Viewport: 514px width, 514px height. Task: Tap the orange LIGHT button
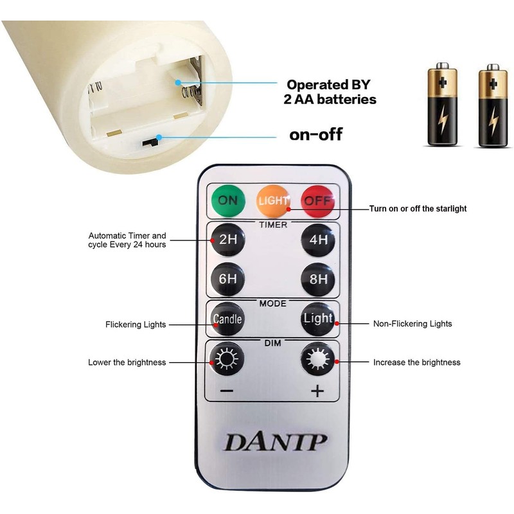[273, 200]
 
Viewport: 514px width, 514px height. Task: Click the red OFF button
[318, 200]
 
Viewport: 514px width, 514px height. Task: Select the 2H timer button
[227, 240]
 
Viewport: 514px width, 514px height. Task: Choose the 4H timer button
[318, 240]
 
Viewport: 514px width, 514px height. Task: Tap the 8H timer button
[318, 279]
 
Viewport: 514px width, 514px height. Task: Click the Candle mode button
[227, 319]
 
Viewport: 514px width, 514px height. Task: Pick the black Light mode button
[318, 319]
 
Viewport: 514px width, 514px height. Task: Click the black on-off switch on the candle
[152, 139]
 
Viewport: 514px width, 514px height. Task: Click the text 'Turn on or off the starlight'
[418, 209]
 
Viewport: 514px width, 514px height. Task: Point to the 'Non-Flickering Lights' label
[412, 324]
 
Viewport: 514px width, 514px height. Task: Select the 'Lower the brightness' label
[127, 362]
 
